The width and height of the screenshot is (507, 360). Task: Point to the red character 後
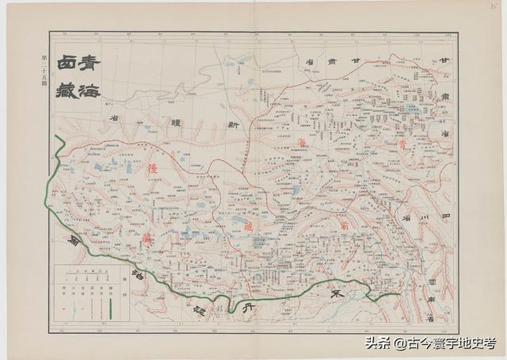(152, 169)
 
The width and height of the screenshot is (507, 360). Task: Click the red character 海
(301, 143)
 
